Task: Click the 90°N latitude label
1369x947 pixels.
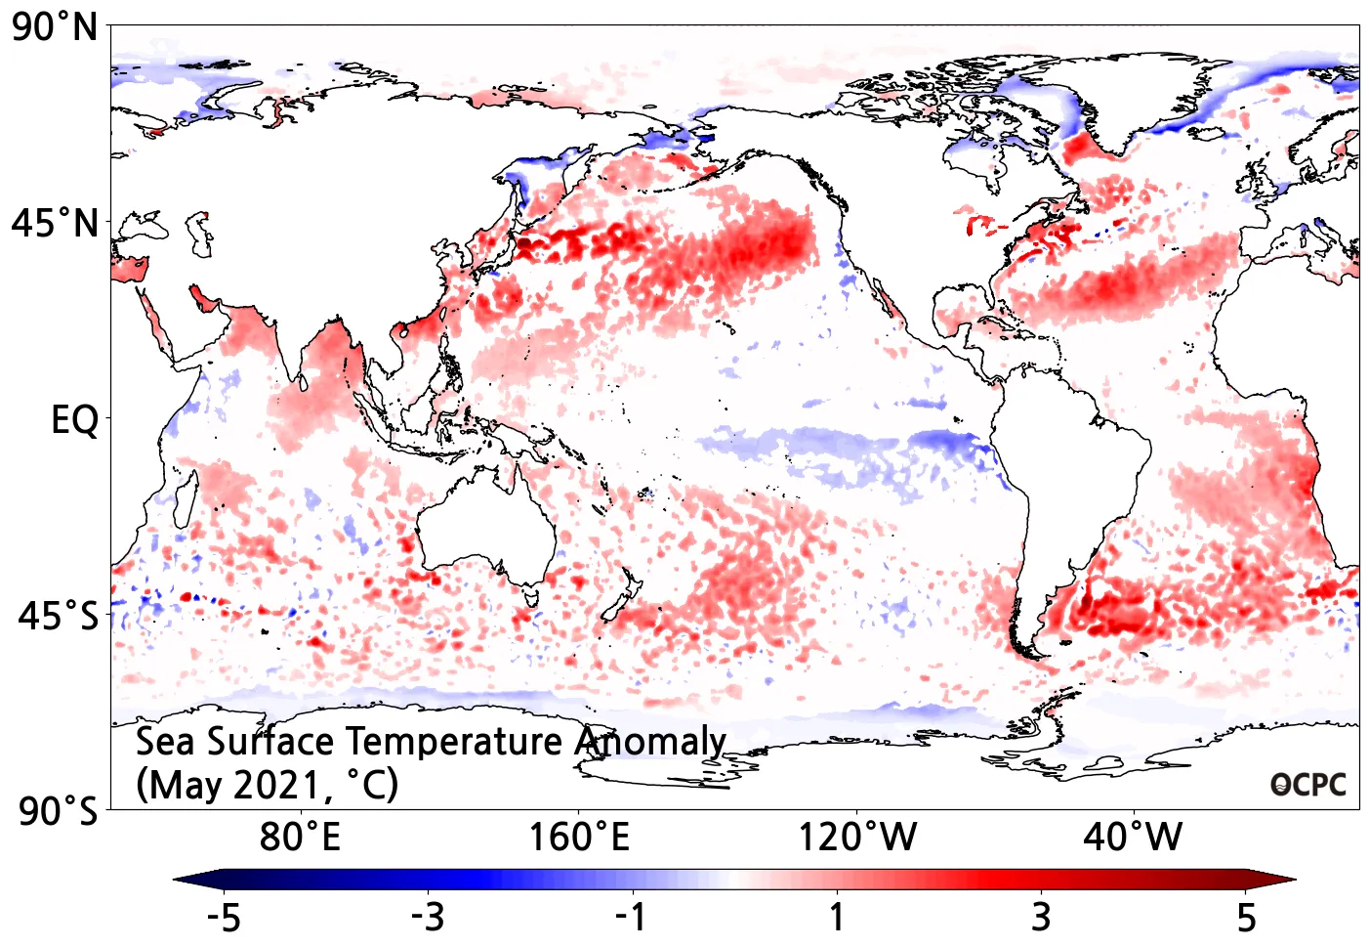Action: point(55,27)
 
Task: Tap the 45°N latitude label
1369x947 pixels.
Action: point(55,224)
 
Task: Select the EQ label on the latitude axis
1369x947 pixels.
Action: point(74,420)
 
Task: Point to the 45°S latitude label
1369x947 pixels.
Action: point(58,617)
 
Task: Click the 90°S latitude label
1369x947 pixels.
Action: point(58,811)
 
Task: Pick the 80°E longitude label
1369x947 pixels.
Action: point(300,838)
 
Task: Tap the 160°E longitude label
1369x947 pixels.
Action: point(579,838)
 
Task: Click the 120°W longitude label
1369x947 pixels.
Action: point(857,838)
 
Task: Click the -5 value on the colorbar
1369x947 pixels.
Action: point(224,918)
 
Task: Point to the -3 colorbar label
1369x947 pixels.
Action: point(428,918)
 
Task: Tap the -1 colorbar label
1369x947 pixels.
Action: point(632,918)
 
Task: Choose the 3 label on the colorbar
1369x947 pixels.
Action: point(1041,918)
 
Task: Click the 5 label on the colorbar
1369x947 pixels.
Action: point(1246,918)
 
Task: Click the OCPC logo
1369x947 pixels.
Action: point(1308,785)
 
